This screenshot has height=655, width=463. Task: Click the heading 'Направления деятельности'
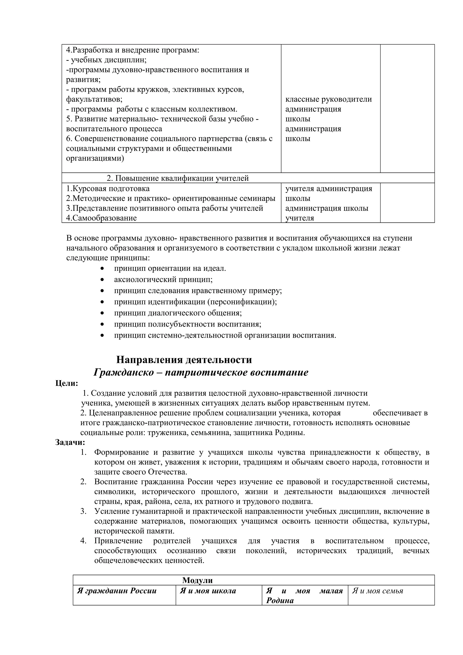[x=184, y=360]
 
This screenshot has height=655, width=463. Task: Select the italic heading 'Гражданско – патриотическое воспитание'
[x=201, y=372]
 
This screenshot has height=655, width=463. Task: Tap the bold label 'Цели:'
[x=66, y=383]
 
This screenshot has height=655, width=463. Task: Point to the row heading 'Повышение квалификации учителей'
[x=177, y=178]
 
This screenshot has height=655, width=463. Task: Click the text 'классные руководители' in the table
[x=328, y=99]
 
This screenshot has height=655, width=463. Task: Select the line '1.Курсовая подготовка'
[x=108, y=188]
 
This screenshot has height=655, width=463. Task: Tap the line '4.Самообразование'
[x=101, y=218]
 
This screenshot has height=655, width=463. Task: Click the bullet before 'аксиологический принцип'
[x=102, y=280]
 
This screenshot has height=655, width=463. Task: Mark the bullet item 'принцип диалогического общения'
[x=178, y=313]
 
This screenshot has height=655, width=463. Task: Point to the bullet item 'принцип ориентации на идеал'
[x=170, y=269]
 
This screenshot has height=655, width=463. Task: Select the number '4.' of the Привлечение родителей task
[x=83, y=541]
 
